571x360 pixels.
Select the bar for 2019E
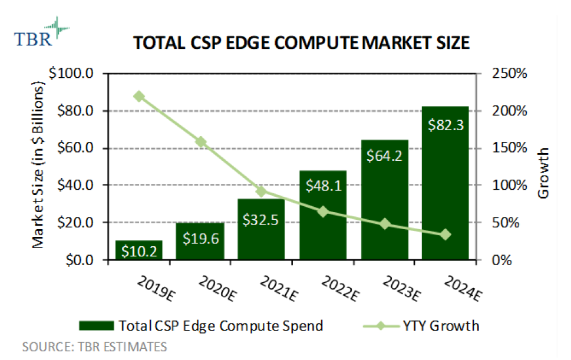pyautogui.click(x=138, y=250)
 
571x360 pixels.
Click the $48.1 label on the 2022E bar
pyautogui.click(x=322, y=186)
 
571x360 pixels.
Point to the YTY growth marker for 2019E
pyautogui.click(x=139, y=97)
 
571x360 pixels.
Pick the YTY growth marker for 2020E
pyautogui.click(x=201, y=141)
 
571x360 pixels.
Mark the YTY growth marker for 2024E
pyautogui.click(x=445, y=235)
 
